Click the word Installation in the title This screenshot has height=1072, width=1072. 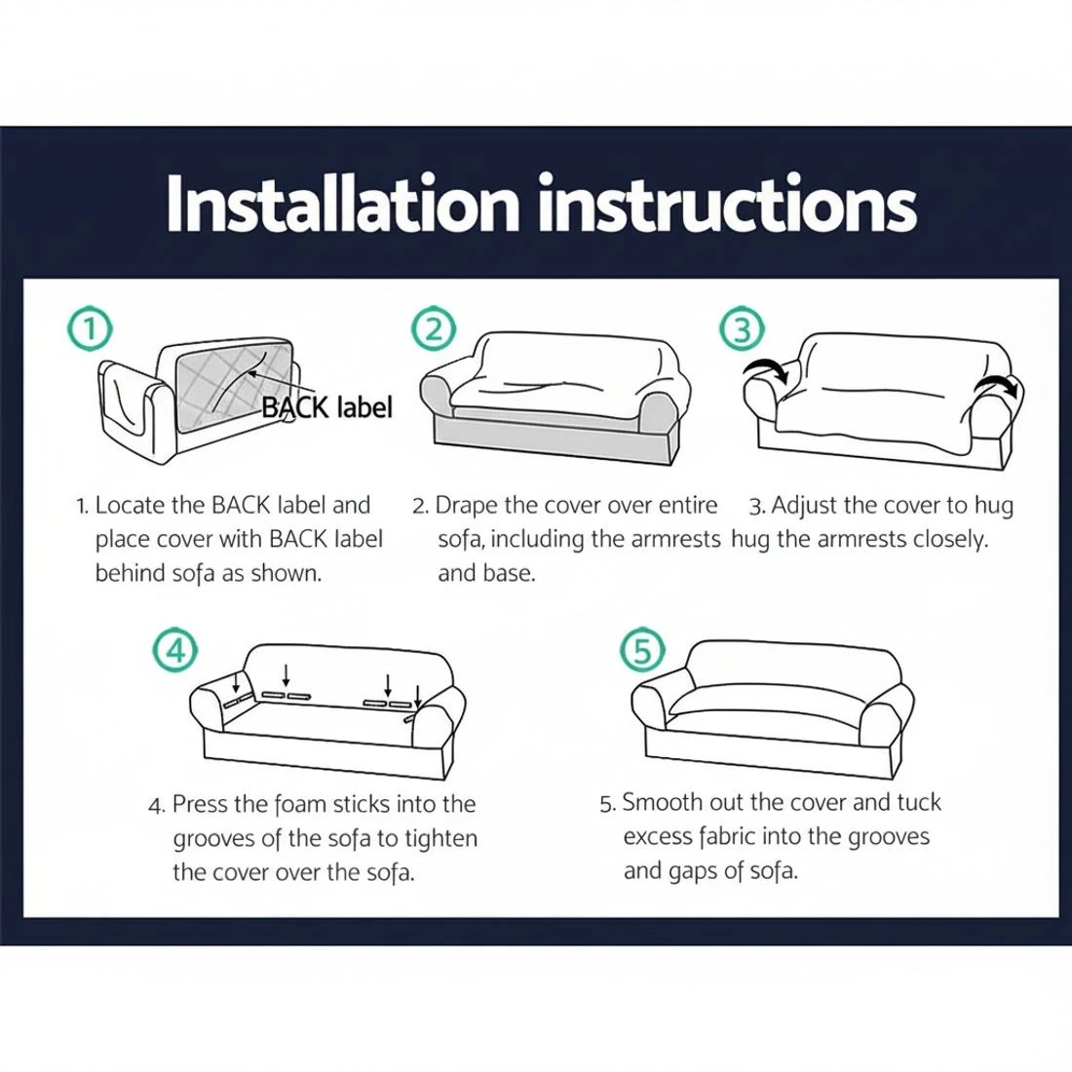[342, 203]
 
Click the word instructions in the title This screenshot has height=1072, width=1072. [727, 203]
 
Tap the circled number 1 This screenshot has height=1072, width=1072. [90, 329]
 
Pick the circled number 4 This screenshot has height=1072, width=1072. [175, 649]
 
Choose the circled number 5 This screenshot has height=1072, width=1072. [642, 649]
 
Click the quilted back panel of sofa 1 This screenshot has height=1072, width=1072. [234, 386]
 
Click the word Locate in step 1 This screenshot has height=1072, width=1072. [130, 505]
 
